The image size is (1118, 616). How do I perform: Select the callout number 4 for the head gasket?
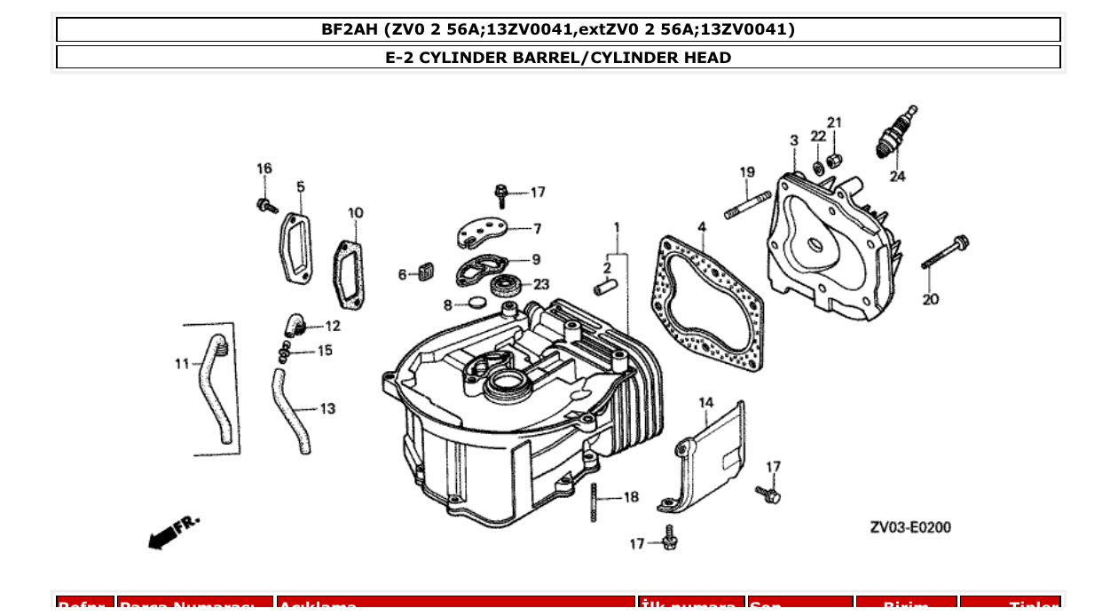click(702, 227)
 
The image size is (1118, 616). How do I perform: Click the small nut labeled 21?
click(834, 160)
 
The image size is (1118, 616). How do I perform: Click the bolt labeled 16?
click(264, 206)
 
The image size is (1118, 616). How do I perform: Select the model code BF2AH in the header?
click(350, 29)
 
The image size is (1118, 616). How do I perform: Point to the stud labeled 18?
click(593, 502)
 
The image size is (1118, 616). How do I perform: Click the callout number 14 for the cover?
click(705, 403)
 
